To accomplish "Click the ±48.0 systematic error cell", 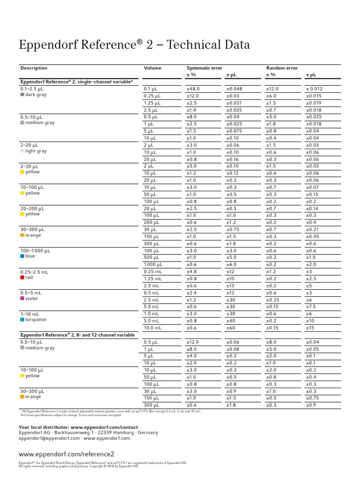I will pyautogui.click(x=193, y=89).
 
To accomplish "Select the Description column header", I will pyautogui.click(x=34, y=68).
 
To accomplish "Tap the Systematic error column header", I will pyautogui.click(x=204, y=68).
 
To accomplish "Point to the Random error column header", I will pyautogui.click(x=282, y=68).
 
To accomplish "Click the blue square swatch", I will pyautogui.click(x=22, y=256).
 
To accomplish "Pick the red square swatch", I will pyautogui.click(x=22, y=277).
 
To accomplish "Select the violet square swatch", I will pyautogui.click(x=22, y=299).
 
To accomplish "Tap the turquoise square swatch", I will pyautogui.click(x=22, y=320).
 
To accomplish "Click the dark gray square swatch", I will pyautogui.click(x=22, y=95).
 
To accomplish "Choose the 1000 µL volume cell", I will pyautogui.click(x=153, y=264).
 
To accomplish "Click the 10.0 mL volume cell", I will pyautogui.click(x=153, y=328).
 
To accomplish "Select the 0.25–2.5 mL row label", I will pyautogui.click(x=34, y=272).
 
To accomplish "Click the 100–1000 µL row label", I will pyautogui.click(x=35, y=251).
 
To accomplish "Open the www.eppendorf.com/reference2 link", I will pyautogui.click(x=66, y=454).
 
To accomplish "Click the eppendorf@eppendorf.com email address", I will pyautogui.click(x=49, y=438).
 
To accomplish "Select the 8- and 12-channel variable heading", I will pyautogui.click(x=77, y=335).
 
